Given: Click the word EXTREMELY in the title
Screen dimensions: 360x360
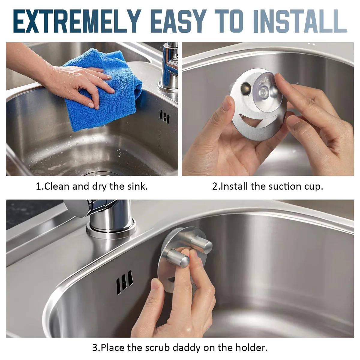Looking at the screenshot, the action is pos(77,21).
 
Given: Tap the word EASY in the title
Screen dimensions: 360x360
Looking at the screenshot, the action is pos(178,21).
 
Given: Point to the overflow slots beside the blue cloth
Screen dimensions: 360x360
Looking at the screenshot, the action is pos(164,117).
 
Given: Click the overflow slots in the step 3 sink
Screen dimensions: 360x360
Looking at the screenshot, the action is pos(124,282).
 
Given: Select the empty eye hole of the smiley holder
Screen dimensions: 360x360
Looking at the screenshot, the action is pos(245,88).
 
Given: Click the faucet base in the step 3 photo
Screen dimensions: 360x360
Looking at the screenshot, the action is pos(111,229).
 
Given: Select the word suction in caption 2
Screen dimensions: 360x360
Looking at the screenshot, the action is pos(282,186).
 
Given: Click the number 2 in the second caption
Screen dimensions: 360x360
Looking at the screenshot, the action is pos(214,186).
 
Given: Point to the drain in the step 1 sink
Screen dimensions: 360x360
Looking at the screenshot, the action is pos(100,173).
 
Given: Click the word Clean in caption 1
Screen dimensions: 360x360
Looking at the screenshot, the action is pos(57,186).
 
